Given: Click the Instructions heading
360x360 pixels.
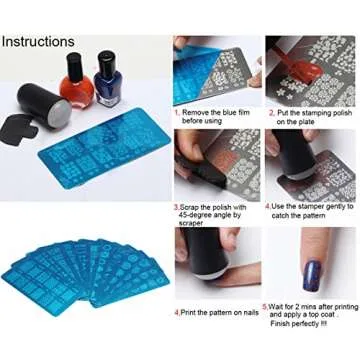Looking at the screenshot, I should [37, 42].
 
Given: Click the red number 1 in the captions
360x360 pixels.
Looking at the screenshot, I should [177, 112].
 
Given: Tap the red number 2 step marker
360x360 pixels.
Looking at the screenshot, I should [270, 112].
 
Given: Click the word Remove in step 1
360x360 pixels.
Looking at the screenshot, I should [194, 112].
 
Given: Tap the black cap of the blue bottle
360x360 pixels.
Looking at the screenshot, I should [105, 62].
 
